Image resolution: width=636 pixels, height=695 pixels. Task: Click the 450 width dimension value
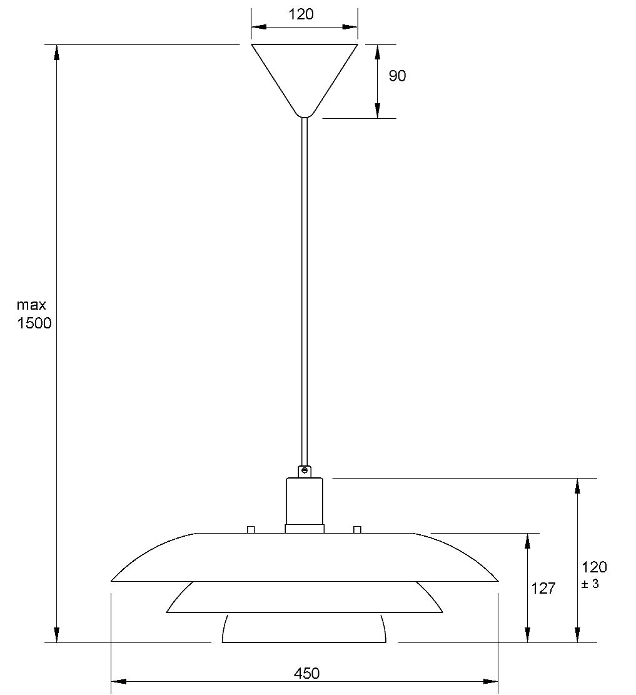(x=306, y=673)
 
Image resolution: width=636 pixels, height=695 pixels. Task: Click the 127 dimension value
(x=543, y=588)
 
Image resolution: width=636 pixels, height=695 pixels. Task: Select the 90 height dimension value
(x=397, y=76)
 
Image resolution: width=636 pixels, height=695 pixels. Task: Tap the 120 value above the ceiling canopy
(x=301, y=14)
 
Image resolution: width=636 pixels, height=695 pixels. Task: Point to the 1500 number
(x=34, y=323)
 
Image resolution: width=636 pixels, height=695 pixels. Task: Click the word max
(x=31, y=305)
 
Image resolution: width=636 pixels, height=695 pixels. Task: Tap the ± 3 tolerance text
(x=590, y=584)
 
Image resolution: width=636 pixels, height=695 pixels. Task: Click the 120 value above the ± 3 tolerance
(x=594, y=567)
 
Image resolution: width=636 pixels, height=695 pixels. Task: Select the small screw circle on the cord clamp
(x=304, y=470)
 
